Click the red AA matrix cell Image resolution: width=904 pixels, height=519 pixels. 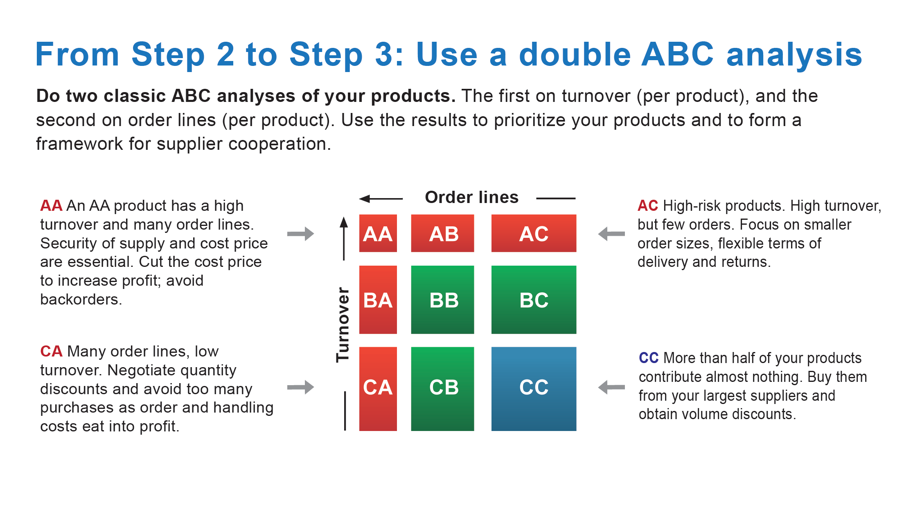click(x=378, y=233)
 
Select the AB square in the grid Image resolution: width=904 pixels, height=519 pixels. click(x=442, y=233)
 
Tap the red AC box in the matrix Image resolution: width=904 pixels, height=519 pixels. click(x=534, y=233)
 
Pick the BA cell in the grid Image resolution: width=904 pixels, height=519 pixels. click(x=378, y=300)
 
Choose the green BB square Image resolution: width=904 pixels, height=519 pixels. click(x=442, y=300)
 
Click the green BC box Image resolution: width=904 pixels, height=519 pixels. click(x=534, y=300)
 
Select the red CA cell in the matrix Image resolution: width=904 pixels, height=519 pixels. click(x=378, y=389)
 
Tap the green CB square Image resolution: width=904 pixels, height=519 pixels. click(x=442, y=389)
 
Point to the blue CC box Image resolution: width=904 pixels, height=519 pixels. click(x=534, y=389)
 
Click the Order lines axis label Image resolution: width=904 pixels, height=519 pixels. click(x=471, y=197)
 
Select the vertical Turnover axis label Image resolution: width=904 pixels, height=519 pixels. click(x=343, y=325)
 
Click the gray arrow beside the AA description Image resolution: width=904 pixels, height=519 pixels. click(x=300, y=234)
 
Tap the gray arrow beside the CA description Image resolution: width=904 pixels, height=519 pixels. click(x=300, y=387)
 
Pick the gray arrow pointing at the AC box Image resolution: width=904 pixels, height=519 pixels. click(x=611, y=234)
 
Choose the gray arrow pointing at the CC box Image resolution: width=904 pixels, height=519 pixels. click(x=611, y=387)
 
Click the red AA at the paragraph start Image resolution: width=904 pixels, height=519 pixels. click(x=51, y=205)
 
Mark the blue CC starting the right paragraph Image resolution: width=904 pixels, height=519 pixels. click(x=649, y=358)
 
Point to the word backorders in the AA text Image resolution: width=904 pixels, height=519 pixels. click(x=81, y=299)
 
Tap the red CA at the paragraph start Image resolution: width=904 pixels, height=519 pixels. click(x=51, y=351)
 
